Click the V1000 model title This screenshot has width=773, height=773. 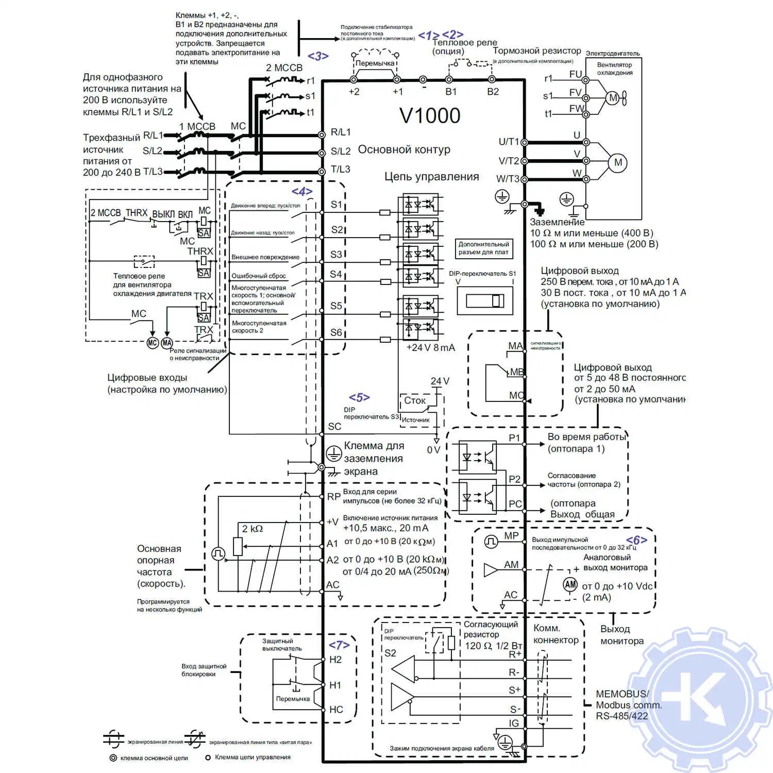[x=430, y=116]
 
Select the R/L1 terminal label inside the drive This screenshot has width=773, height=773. [x=341, y=132]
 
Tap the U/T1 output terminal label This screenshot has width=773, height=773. [x=509, y=142]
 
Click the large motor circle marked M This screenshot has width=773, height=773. [x=618, y=163]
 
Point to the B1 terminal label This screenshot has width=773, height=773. [x=451, y=92]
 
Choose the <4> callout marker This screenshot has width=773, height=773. [x=302, y=192]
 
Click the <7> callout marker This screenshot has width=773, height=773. [x=339, y=645]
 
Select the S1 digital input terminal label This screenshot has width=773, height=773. [x=337, y=205]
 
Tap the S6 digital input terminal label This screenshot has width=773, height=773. [x=336, y=333]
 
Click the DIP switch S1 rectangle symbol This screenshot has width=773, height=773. [x=485, y=300]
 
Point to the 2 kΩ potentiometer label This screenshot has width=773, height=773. [x=253, y=529]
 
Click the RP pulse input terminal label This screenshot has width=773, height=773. [x=333, y=497]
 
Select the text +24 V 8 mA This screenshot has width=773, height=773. [x=430, y=348]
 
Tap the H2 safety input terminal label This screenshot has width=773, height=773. [x=335, y=660]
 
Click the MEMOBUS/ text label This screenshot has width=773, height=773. [x=622, y=694]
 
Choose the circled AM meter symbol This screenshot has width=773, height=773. [x=570, y=584]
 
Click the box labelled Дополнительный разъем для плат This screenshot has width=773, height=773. [x=483, y=248]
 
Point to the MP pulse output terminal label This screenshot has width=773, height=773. [x=511, y=536]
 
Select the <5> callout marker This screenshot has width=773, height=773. [x=359, y=398]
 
